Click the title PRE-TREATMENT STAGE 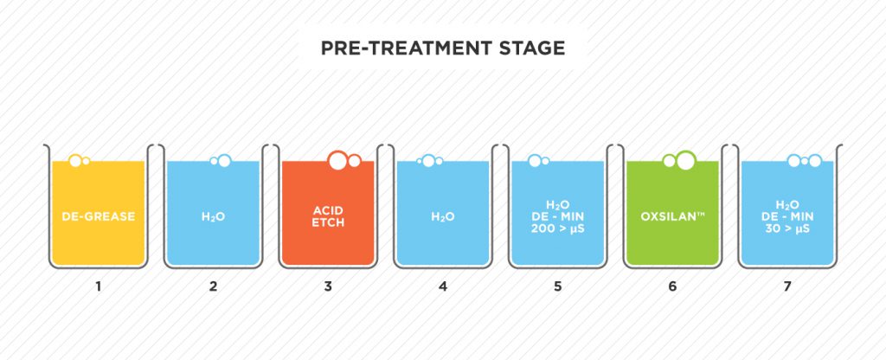pyautogui.click(x=443, y=48)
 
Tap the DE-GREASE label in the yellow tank pyautogui.click(x=99, y=216)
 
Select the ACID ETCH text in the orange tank pyautogui.click(x=328, y=216)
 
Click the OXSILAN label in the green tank pyautogui.click(x=672, y=216)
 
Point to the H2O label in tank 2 pyautogui.click(x=213, y=217)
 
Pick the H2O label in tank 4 pyautogui.click(x=442, y=217)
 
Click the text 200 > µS pyautogui.click(x=558, y=228)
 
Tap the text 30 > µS pyautogui.click(x=787, y=228)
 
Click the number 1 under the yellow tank pyautogui.click(x=99, y=286)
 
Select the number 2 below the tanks pyautogui.click(x=213, y=286)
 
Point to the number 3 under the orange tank pyautogui.click(x=328, y=286)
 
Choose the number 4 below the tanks pyautogui.click(x=442, y=286)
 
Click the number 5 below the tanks pyautogui.click(x=558, y=286)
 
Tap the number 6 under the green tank pyautogui.click(x=672, y=286)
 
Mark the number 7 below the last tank pyautogui.click(x=787, y=286)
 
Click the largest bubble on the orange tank pyautogui.click(x=337, y=160)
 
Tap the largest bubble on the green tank pyautogui.click(x=686, y=160)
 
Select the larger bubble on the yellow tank pyautogui.click(x=75, y=161)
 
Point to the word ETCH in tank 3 pyautogui.click(x=328, y=222)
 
